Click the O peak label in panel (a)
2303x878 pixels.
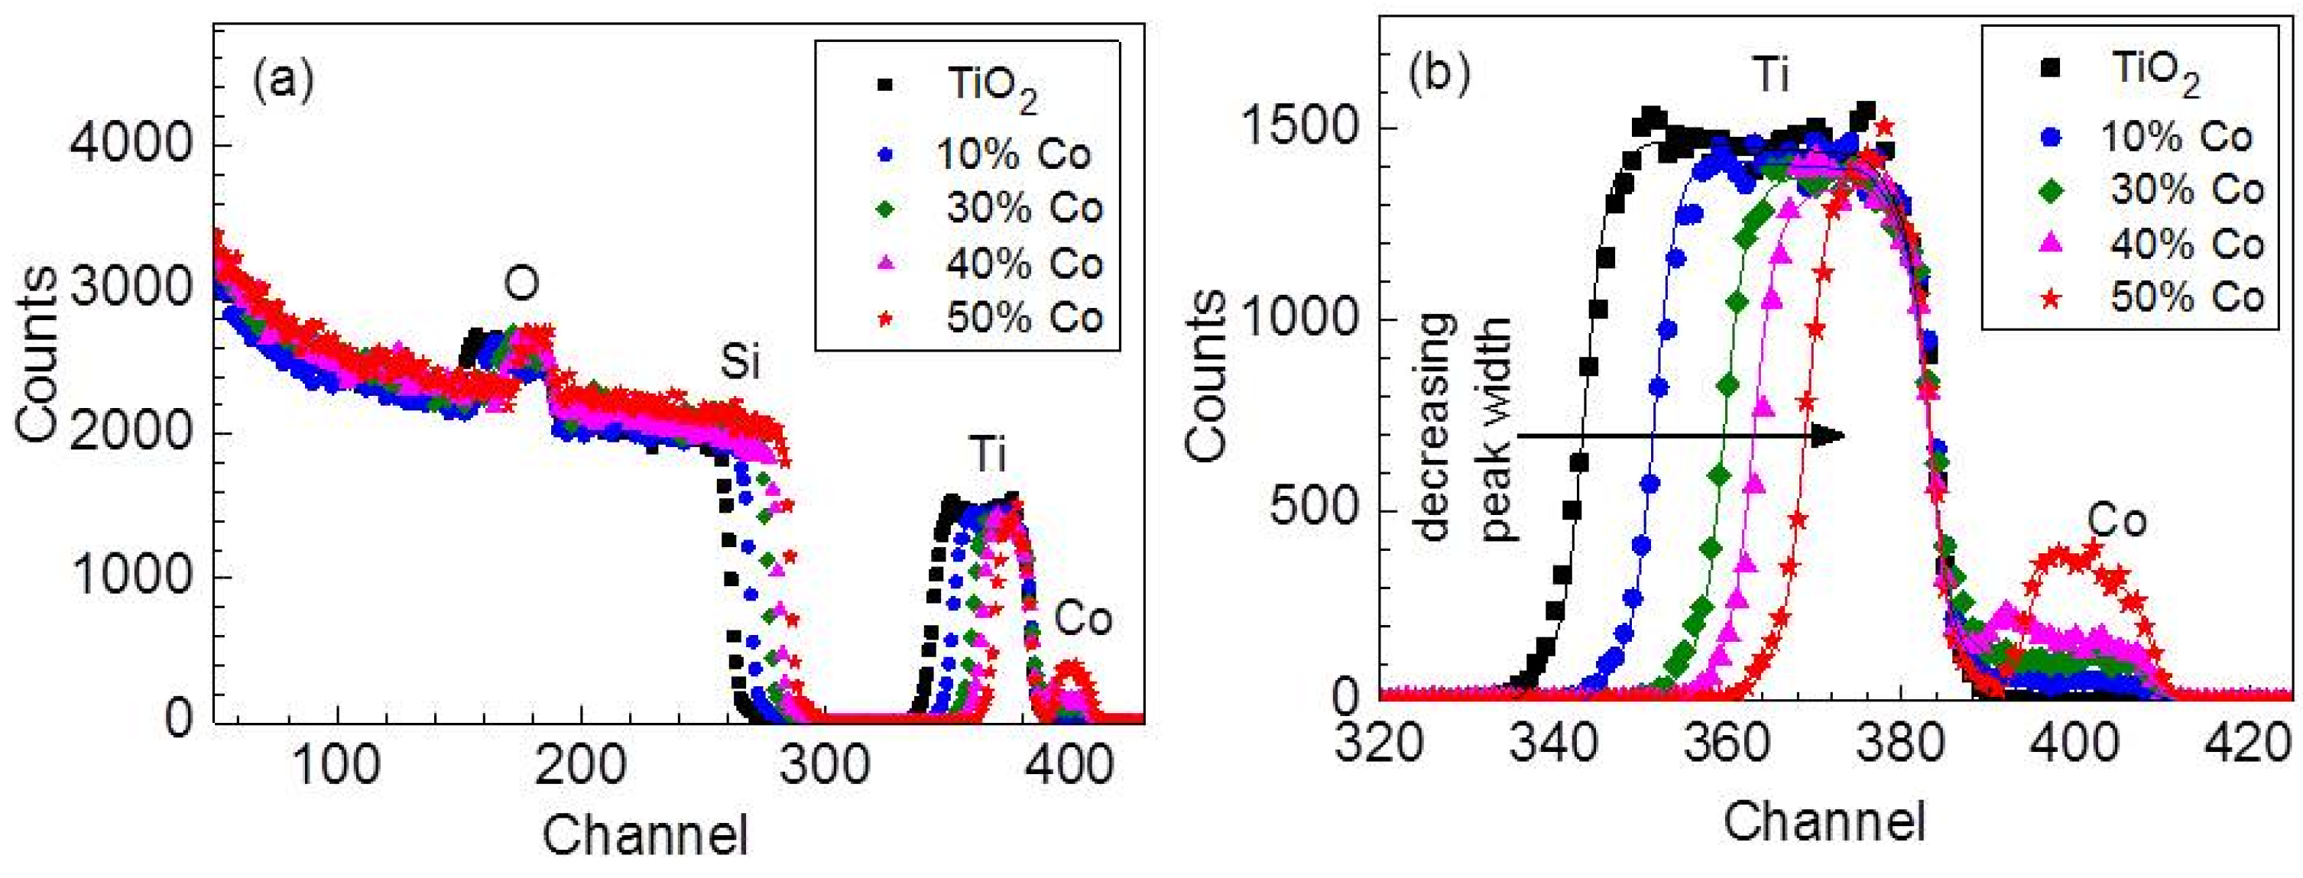(x=521, y=284)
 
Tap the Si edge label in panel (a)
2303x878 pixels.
(x=740, y=363)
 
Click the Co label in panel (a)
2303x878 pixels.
(x=1082, y=619)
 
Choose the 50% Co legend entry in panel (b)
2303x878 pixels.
(x=2187, y=296)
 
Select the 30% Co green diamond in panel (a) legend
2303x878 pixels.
(x=886, y=209)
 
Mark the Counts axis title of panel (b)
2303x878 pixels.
(x=1206, y=375)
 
